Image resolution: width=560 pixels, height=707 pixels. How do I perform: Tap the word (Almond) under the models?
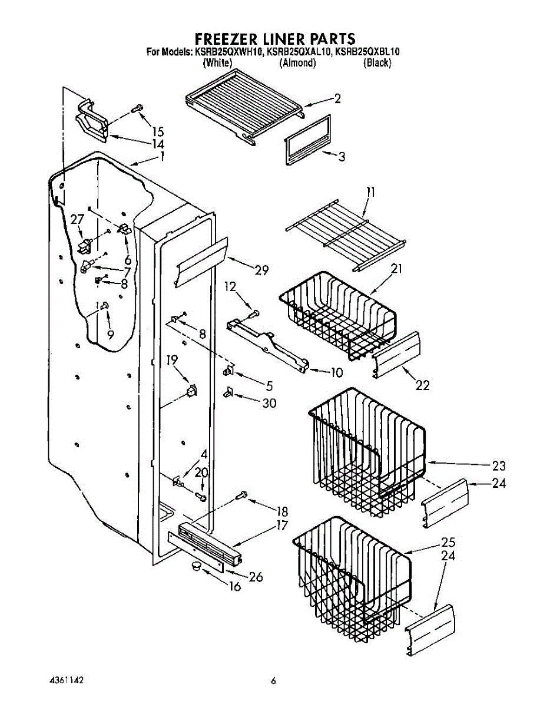point(297,63)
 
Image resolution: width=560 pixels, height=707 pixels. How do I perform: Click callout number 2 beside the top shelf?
point(337,99)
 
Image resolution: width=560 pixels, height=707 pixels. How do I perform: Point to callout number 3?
point(341,157)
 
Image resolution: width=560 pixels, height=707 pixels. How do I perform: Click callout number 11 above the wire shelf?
point(369,192)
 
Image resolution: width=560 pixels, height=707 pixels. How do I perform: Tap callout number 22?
point(422,385)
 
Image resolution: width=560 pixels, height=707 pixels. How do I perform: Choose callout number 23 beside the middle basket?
point(499,465)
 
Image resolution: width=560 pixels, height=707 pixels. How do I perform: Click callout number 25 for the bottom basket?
point(448,542)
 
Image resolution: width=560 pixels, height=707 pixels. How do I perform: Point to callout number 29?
point(261,270)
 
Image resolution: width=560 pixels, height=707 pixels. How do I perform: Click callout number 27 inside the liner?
point(77,220)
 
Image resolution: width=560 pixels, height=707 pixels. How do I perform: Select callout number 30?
point(269,403)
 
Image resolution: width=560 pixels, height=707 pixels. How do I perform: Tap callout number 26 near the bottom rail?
point(255,577)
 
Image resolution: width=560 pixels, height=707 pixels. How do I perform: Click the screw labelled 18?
point(241,497)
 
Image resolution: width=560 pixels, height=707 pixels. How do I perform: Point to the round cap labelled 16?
point(195,566)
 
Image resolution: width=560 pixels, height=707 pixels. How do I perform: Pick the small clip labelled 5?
point(230,371)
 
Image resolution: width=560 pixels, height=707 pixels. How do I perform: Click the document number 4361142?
point(66,680)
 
